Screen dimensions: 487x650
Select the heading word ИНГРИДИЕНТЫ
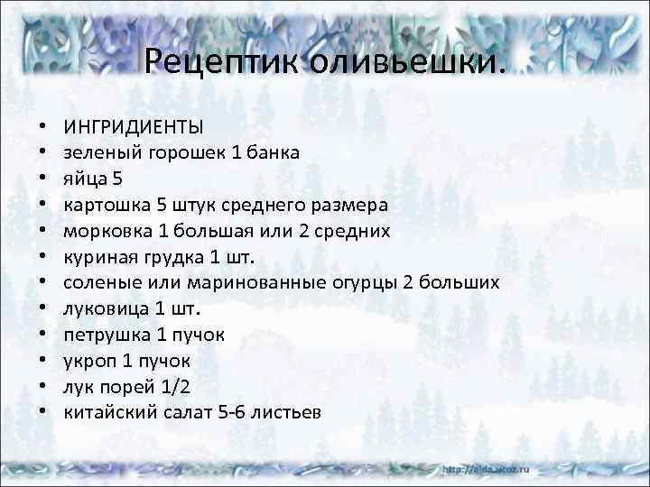click(x=133, y=126)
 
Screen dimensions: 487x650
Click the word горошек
click(x=180, y=152)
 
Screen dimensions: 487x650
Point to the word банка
click(x=271, y=152)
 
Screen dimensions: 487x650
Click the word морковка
click(x=102, y=231)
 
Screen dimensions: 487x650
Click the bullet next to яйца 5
click(x=42, y=179)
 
